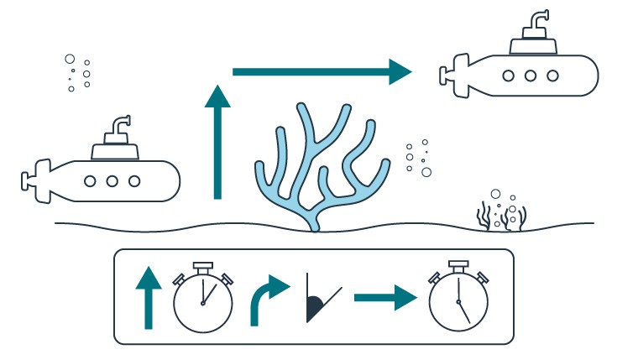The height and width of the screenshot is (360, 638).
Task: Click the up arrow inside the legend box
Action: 148,297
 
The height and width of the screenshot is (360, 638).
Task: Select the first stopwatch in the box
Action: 202,300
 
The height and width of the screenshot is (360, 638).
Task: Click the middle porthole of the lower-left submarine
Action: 112,180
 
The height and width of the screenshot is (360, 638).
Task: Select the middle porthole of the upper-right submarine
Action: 531,75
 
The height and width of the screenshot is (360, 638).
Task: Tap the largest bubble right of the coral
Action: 426,172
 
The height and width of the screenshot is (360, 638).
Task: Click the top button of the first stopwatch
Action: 202,268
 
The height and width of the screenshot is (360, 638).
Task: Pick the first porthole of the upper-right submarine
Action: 509,75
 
